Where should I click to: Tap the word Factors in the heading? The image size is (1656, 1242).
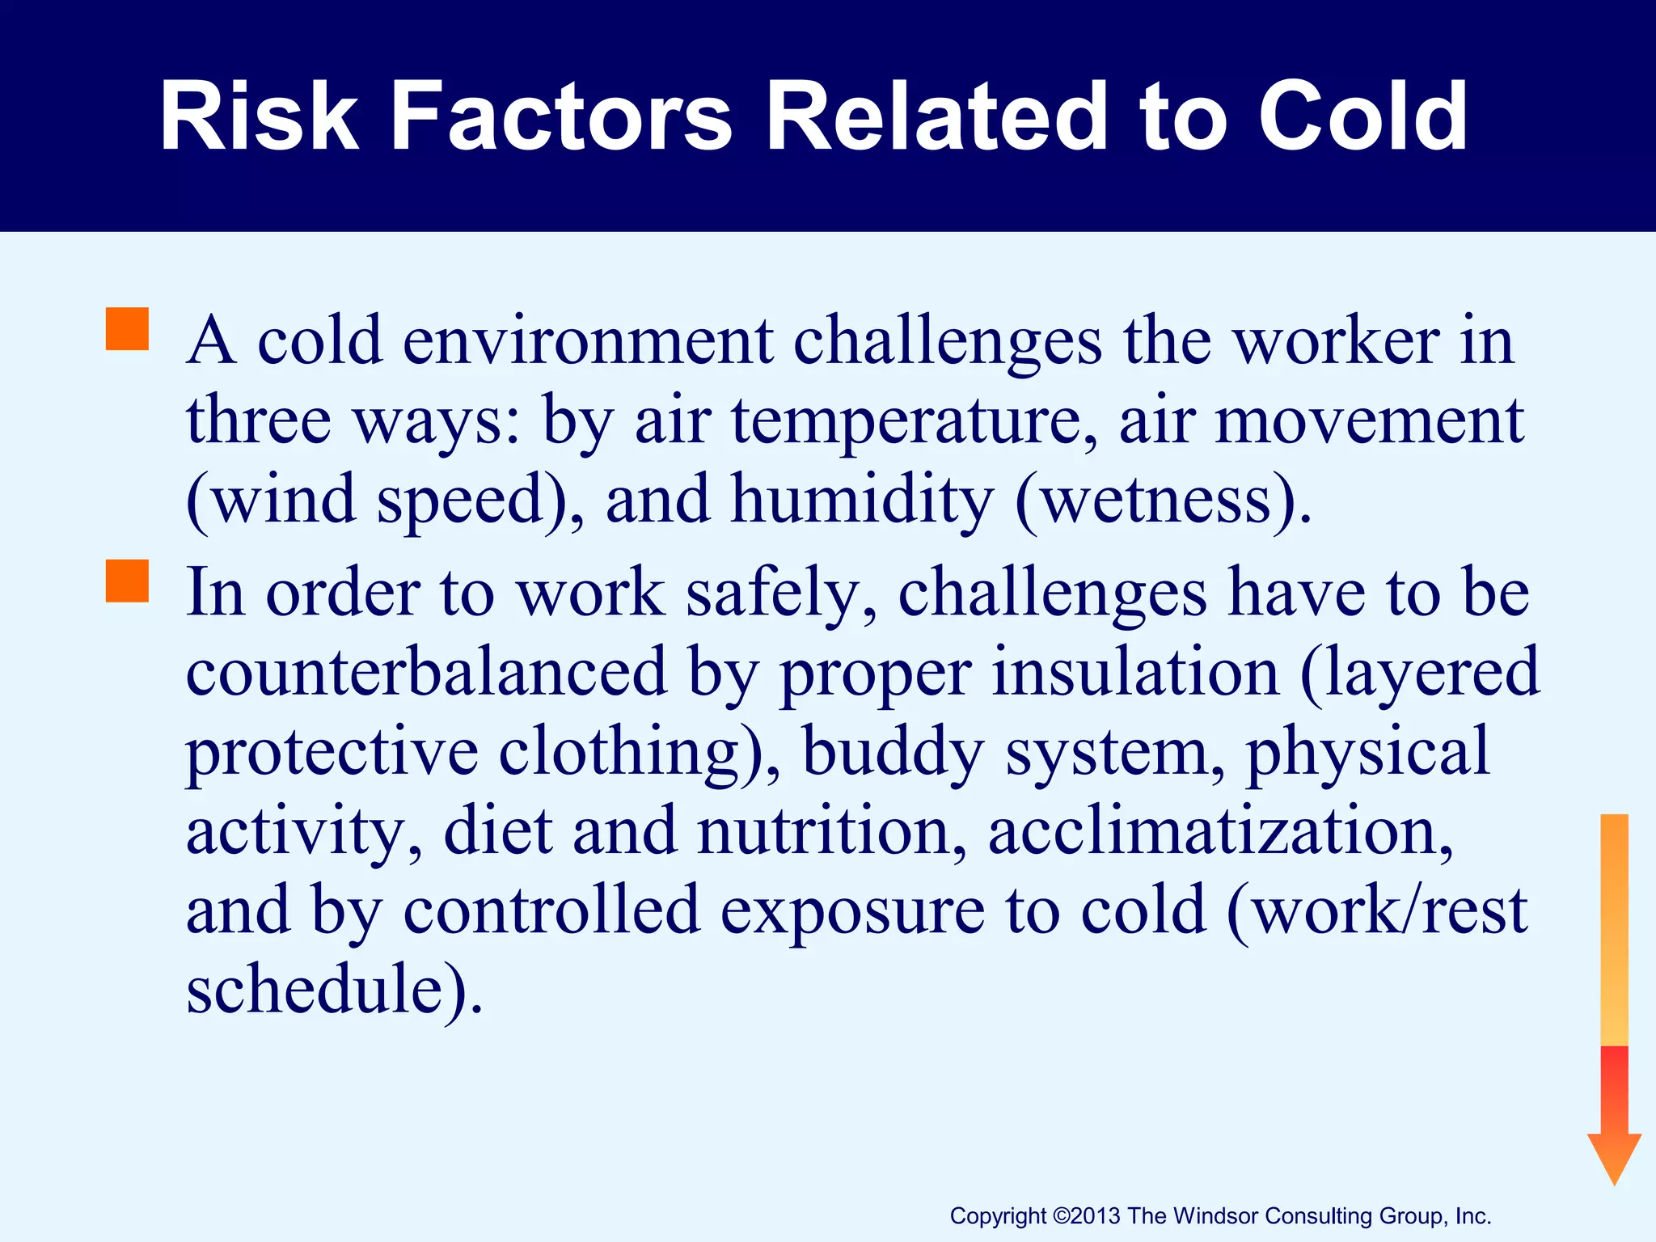tap(561, 117)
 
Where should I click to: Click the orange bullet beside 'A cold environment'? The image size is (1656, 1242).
tap(127, 329)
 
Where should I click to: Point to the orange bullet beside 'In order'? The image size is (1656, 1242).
tap(127, 581)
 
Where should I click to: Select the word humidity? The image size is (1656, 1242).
tap(861, 501)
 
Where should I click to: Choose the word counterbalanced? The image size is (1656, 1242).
tap(427, 672)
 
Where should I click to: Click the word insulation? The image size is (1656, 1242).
tap(1135, 672)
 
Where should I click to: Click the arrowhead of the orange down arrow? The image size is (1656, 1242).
tap(1614, 1156)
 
